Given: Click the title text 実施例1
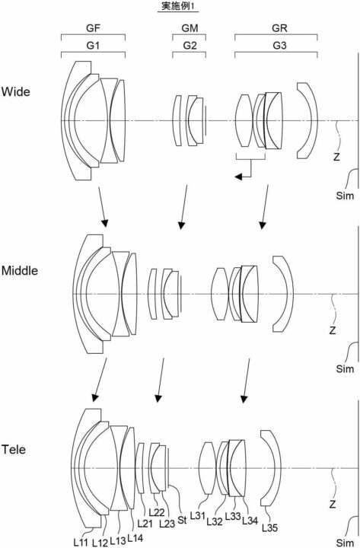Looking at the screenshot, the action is pyautogui.click(x=177, y=6).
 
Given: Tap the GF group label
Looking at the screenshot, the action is pyautogui.click(x=93, y=28).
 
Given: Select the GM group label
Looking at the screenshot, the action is pyautogui.click(x=190, y=28).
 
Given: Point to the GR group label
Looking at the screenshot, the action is pyautogui.click(x=279, y=28).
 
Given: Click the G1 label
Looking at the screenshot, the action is pyautogui.click(x=93, y=46).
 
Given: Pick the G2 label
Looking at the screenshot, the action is pyautogui.click(x=190, y=46).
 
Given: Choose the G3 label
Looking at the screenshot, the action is pyautogui.click(x=279, y=46).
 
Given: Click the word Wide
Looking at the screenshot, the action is pyautogui.click(x=16, y=92).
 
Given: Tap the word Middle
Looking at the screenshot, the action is pyautogui.click(x=20, y=270).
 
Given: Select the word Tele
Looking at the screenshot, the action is pyautogui.click(x=14, y=449).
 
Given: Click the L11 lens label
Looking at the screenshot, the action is pyautogui.click(x=81, y=542).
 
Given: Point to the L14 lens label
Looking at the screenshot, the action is pyautogui.click(x=135, y=538).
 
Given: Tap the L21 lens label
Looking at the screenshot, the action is pyautogui.click(x=145, y=523).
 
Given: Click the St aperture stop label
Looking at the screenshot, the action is pyautogui.click(x=182, y=520).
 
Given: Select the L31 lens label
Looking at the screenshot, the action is pyautogui.click(x=197, y=515).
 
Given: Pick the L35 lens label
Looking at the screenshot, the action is pyautogui.click(x=270, y=527).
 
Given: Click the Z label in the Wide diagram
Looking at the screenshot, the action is pyautogui.click(x=336, y=157).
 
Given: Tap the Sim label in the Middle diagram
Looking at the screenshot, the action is pyautogui.click(x=345, y=368).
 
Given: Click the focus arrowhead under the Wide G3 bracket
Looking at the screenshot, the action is pyautogui.click(x=238, y=177).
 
